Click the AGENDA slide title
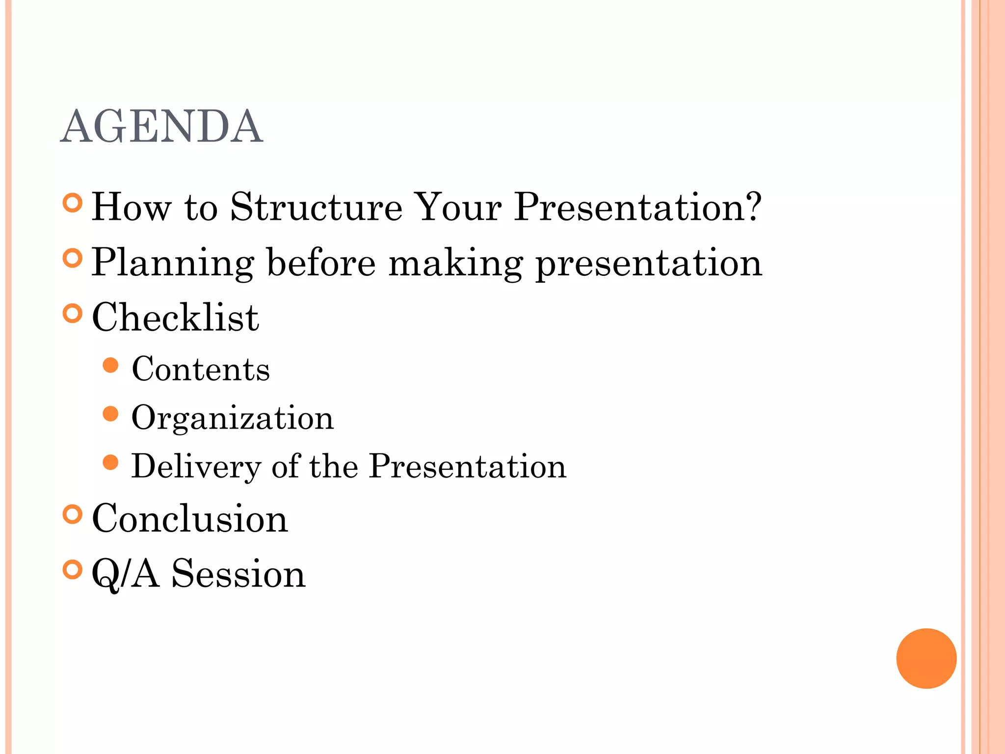(161, 127)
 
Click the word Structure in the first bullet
(316, 207)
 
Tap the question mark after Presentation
(750, 206)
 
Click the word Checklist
(175, 318)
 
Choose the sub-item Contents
(201, 369)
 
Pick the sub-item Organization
(233, 418)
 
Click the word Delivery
(196, 466)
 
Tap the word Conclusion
(190, 518)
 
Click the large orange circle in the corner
(926, 658)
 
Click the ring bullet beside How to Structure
(73, 203)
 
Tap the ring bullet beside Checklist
(73, 314)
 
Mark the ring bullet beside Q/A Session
(73, 569)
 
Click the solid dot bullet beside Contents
(111, 365)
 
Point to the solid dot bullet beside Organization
(111, 414)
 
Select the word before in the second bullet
(321, 263)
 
